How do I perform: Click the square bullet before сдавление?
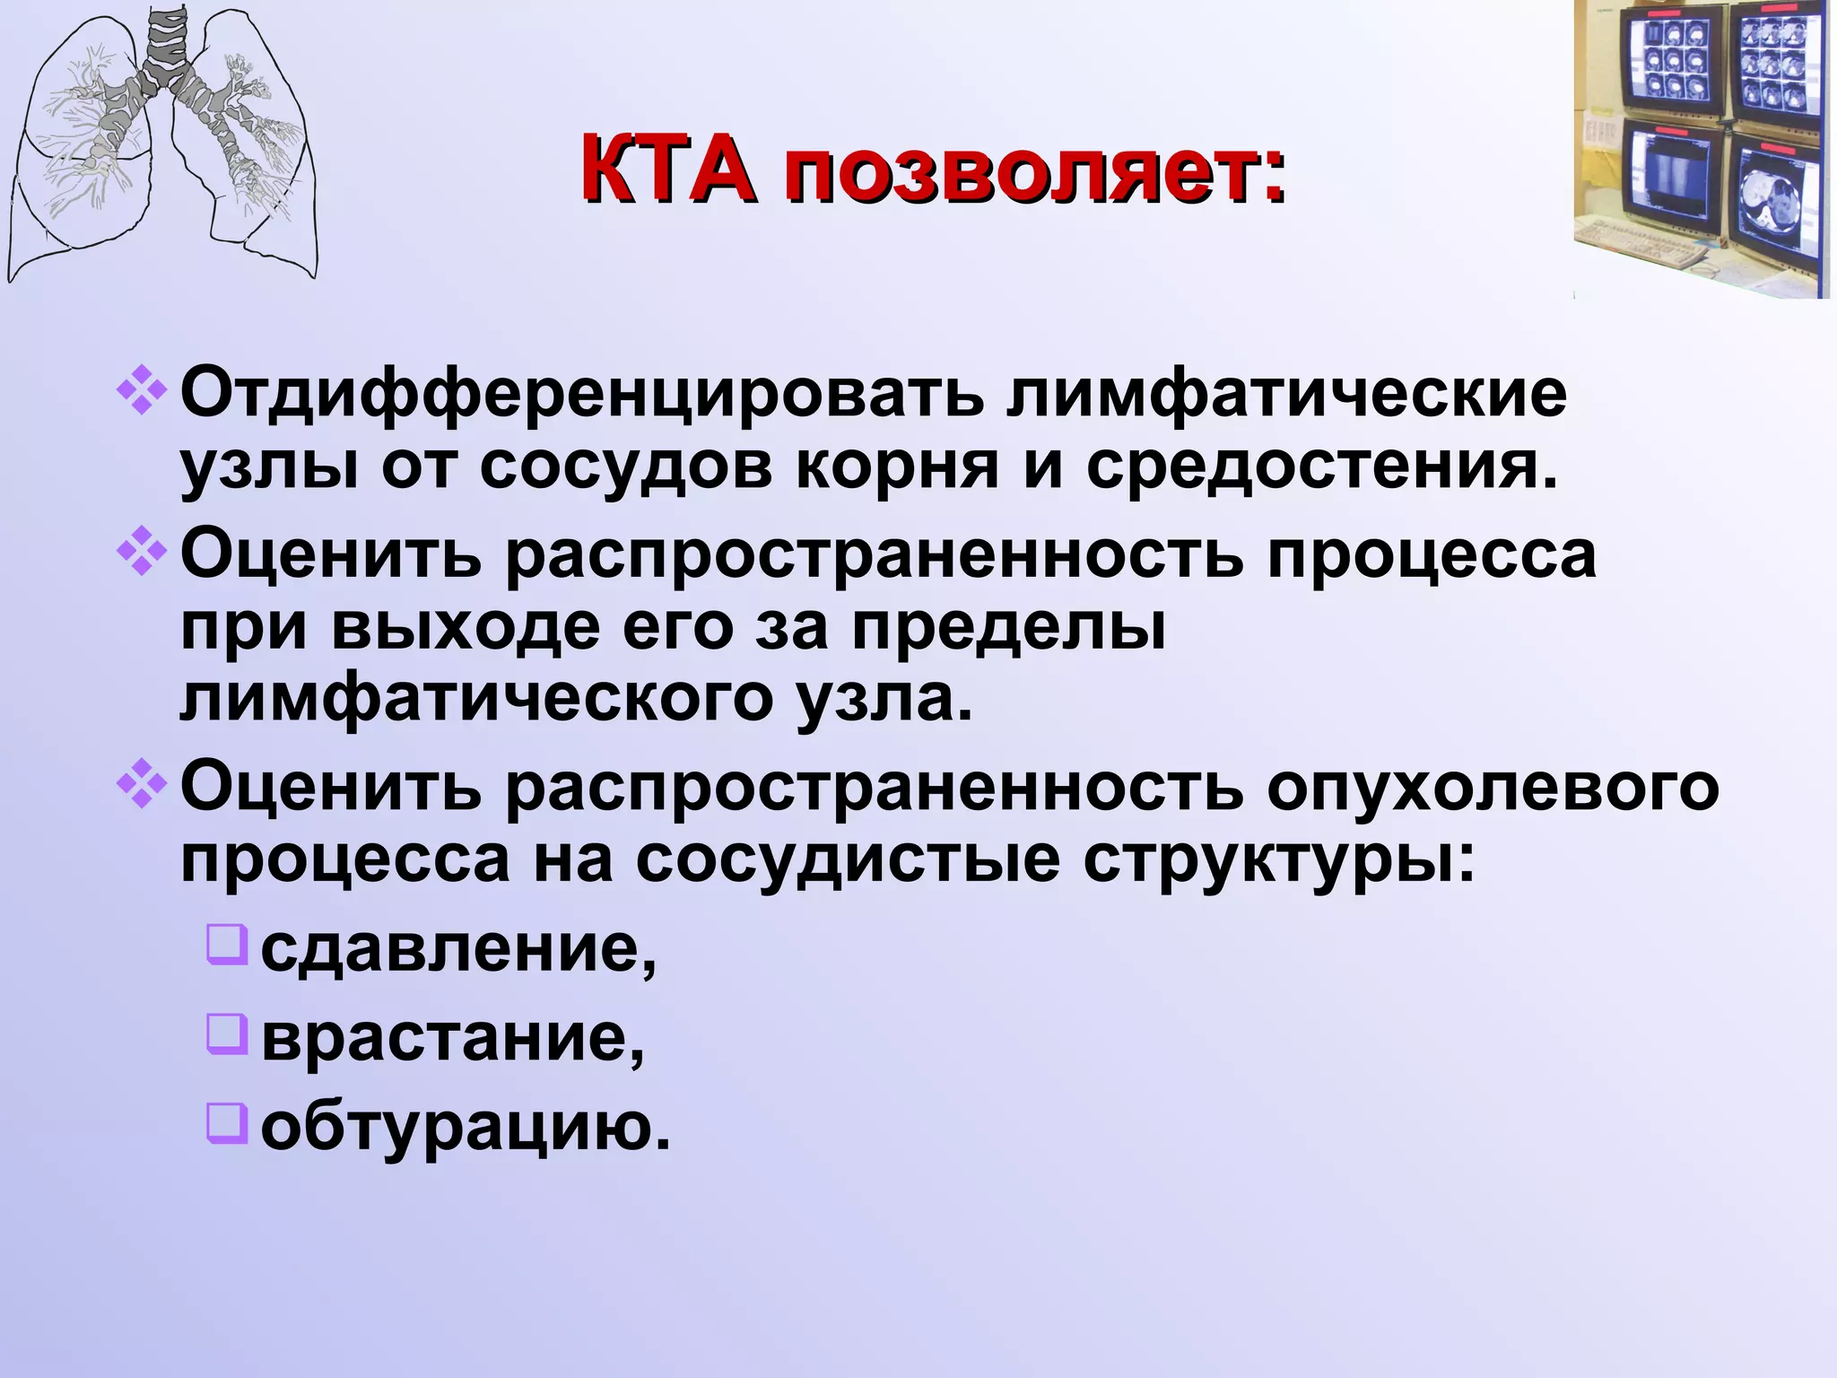coord(226,945)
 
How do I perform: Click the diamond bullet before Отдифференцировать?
coord(142,392)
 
